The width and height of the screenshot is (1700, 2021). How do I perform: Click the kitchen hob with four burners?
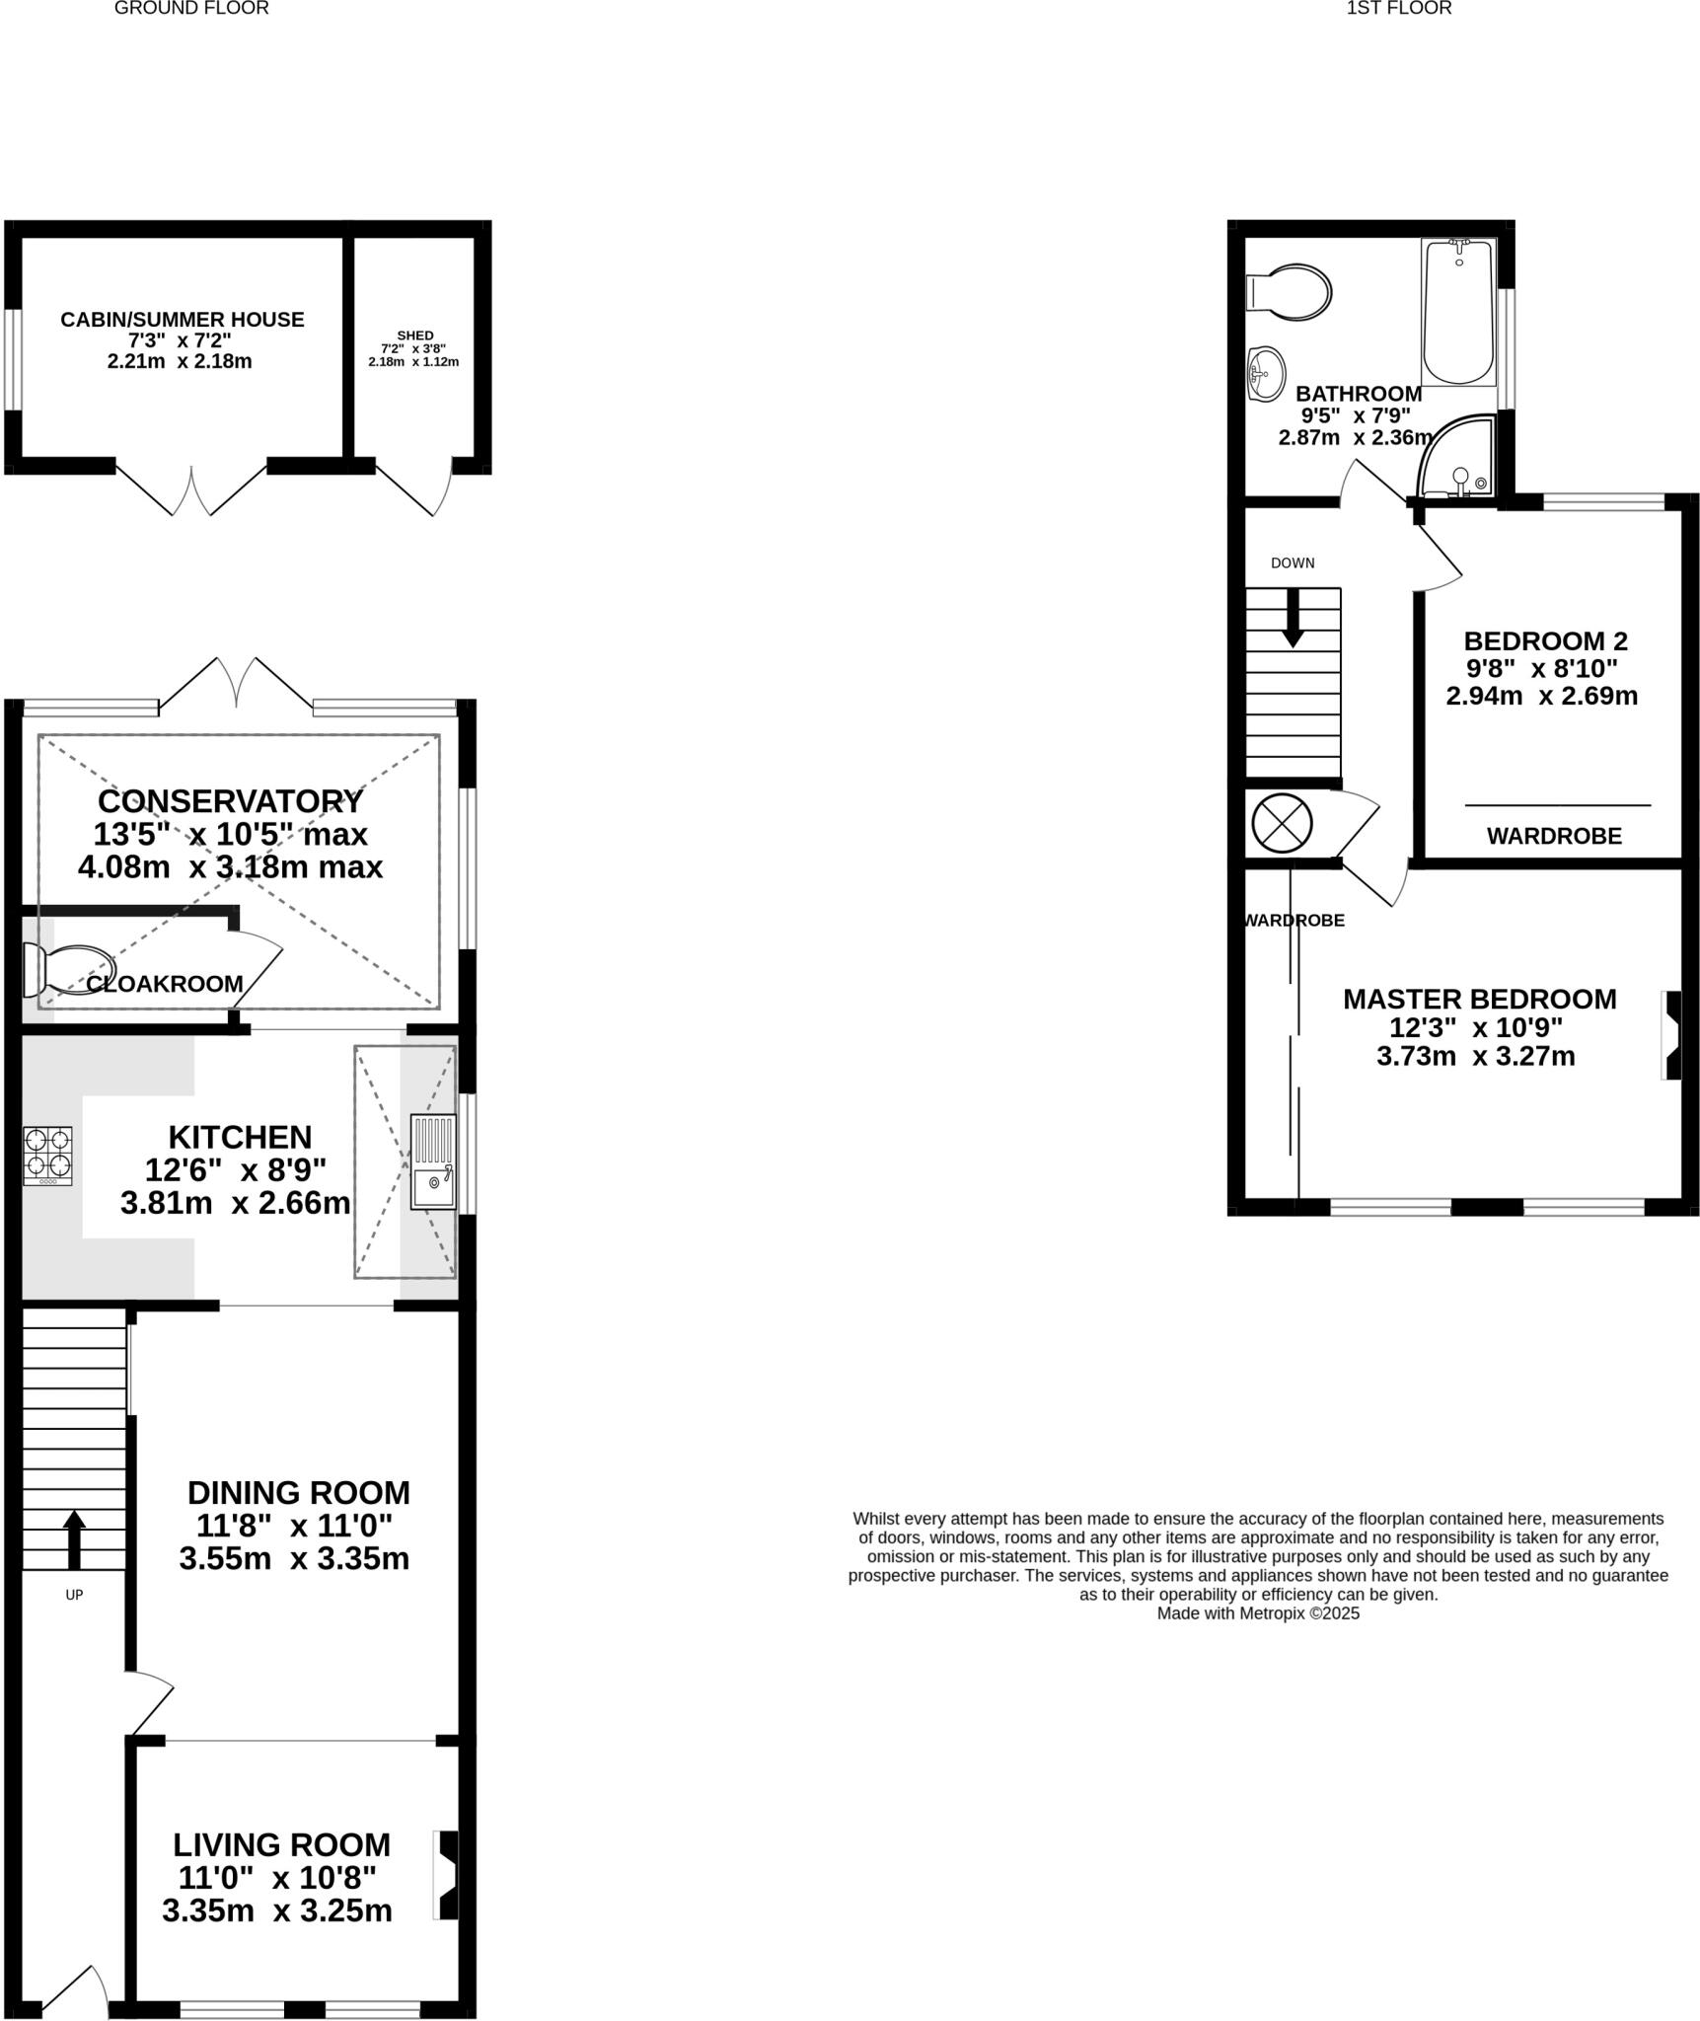point(47,1155)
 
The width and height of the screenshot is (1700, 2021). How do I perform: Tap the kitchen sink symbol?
point(433,1160)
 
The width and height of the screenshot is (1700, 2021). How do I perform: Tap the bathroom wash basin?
point(1265,374)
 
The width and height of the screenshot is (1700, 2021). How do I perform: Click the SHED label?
point(414,336)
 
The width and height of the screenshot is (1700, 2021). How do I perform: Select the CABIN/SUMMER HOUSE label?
point(182,320)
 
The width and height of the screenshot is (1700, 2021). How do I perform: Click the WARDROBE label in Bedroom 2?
point(1554,837)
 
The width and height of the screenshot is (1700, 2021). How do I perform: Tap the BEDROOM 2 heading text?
point(1545,640)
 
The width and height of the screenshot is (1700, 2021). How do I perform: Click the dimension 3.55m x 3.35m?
point(294,1558)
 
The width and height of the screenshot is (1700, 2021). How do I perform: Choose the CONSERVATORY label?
point(230,800)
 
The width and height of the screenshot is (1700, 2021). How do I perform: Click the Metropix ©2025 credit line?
point(1258,1613)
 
